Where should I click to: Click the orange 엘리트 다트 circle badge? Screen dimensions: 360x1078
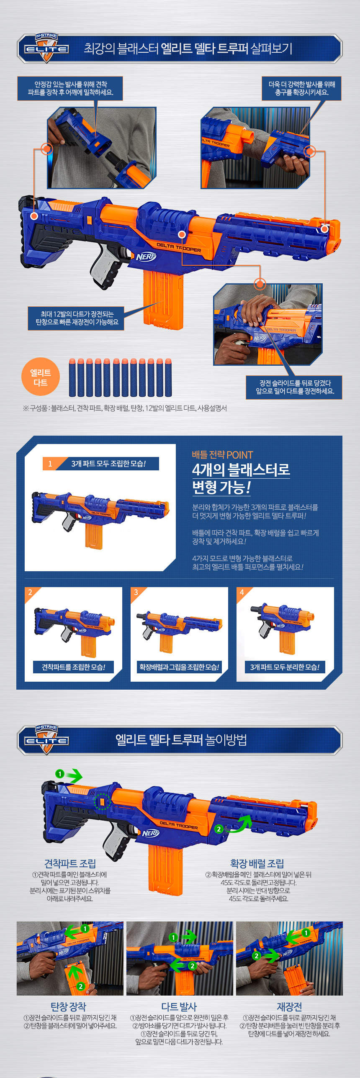pos(41,377)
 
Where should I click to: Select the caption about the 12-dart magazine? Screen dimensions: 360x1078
pos(76,318)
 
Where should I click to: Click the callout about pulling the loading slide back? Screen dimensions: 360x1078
pos(294,387)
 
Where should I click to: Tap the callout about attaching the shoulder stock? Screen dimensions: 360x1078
pos(70,88)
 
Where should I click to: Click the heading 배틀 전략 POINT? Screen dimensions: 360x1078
pos(223,455)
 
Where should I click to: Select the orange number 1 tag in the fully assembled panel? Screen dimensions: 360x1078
pos(50,464)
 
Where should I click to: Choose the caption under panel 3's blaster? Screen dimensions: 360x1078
pos(179,667)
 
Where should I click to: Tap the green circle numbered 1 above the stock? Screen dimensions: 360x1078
pos(60,774)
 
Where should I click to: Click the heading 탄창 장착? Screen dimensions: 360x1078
pos(68,1006)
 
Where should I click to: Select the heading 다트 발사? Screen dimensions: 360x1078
pos(179,1006)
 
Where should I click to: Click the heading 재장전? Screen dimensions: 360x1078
pos(289,1006)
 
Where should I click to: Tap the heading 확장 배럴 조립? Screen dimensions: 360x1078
pos(257,863)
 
